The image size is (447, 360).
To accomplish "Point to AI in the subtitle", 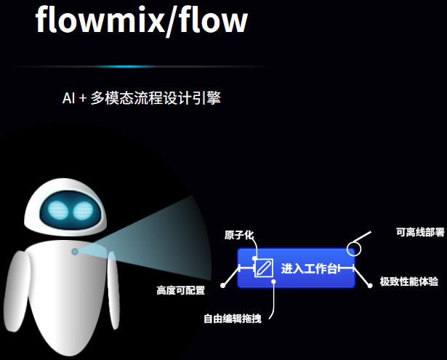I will pos(68,98).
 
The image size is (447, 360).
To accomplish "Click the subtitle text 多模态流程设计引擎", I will pos(156,98).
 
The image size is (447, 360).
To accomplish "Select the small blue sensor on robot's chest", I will pos(75,252).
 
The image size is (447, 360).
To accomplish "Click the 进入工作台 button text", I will pos(310,268).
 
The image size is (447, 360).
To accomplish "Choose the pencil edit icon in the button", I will pos(263,268).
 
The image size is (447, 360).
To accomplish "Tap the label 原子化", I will pos(239,235).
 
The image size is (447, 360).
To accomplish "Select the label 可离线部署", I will pos(420,233).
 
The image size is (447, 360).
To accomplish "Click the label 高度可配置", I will pos(180,291).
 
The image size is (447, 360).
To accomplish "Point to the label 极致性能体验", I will pos(408,281).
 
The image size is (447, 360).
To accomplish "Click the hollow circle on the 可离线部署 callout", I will pos(353,249).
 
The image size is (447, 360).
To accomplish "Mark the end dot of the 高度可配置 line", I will pos(222,285).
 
